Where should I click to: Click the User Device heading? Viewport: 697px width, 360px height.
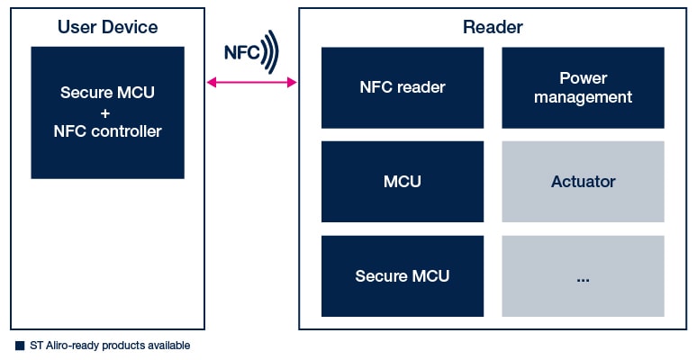pos(107,27)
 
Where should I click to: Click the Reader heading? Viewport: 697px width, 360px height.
pos(493,27)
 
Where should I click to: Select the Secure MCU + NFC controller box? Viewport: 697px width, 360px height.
pos(107,112)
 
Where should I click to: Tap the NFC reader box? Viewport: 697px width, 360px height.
pos(403,87)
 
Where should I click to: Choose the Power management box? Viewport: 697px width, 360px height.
pos(583,87)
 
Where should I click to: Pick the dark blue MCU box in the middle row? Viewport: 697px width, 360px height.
pos(403,182)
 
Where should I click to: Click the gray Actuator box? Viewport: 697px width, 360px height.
pos(583,182)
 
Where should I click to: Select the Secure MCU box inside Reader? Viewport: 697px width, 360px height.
pos(403,276)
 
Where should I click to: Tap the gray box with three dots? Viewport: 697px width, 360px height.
pos(583,276)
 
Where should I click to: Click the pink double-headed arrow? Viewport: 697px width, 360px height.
pos(252,83)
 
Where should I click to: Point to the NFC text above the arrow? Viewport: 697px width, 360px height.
pos(241,53)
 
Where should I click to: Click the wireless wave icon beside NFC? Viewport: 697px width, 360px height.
pos(270,51)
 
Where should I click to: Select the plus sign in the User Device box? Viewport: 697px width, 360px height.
pos(107,112)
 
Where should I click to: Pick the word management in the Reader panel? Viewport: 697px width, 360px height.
pos(583,97)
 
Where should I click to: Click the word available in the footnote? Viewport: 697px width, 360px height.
pos(169,346)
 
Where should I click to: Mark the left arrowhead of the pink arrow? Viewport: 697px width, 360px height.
pos(211,83)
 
